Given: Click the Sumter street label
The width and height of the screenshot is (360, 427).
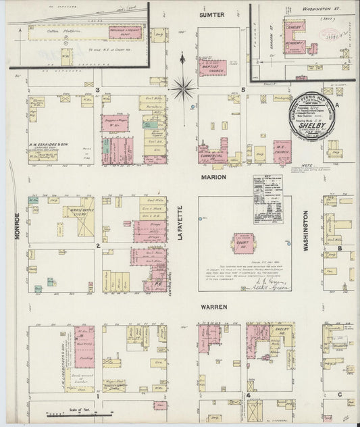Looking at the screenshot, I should [x=211, y=13].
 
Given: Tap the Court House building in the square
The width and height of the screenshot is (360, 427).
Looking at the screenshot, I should [x=243, y=243].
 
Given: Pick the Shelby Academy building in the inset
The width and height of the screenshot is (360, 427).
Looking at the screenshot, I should [x=295, y=37].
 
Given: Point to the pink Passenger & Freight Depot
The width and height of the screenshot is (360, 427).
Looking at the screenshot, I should [x=124, y=32].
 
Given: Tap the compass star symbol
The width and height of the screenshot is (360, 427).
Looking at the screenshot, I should [x=183, y=86].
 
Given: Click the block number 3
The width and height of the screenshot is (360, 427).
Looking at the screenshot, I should [x=98, y=90].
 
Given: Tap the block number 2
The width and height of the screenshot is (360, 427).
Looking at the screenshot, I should [x=98, y=246].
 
